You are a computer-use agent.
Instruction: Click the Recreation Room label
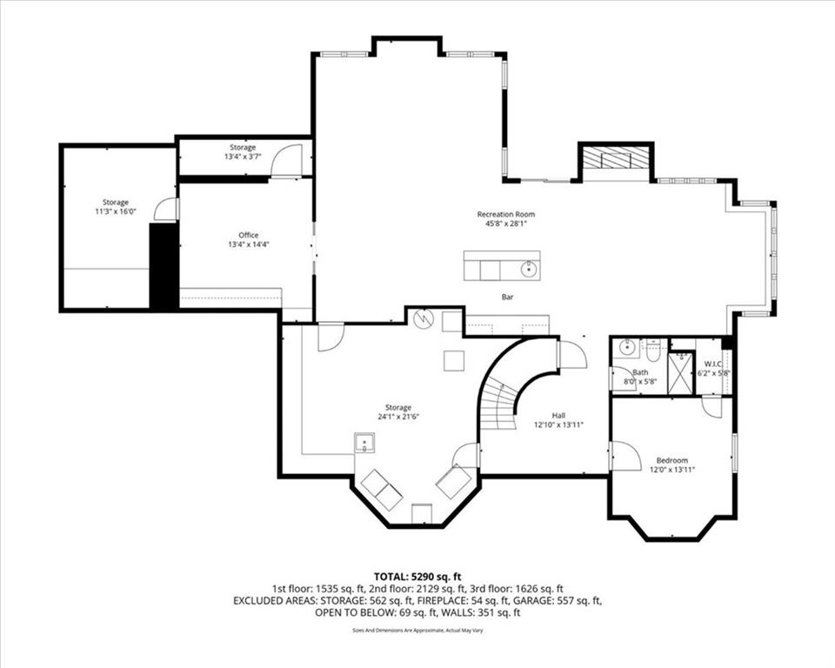[x=505, y=214]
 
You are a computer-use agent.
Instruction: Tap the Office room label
[x=248, y=235]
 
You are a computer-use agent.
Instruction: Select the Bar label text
[x=507, y=297]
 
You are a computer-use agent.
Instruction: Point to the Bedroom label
[x=672, y=460]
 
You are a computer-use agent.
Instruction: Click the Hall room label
[x=558, y=416]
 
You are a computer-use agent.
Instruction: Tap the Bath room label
[x=641, y=372]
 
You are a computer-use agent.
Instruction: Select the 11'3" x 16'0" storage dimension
[x=116, y=211]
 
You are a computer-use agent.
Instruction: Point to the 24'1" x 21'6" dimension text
[x=398, y=417]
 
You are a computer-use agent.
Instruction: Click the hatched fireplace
[x=616, y=157]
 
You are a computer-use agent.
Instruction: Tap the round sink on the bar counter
[x=529, y=270]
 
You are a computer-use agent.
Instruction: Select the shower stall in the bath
[x=682, y=373]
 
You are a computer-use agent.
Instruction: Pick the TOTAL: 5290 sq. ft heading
[x=417, y=577]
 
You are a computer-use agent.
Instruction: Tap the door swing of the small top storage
[x=283, y=160]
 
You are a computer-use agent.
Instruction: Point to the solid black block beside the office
[x=164, y=266]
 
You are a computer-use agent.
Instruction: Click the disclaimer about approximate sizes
[x=417, y=631]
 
